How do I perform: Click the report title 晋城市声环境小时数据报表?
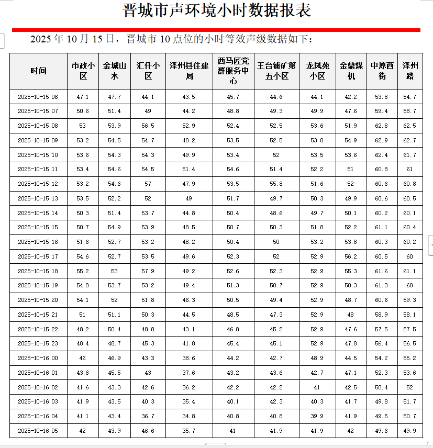point(216,10)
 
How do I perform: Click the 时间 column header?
point(38,71)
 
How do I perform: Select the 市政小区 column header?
point(83,71)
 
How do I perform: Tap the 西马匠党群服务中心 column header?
point(233,71)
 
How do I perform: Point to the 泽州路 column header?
point(410,71)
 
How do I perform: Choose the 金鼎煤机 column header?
point(351,71)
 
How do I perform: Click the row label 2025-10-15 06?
point(38,97)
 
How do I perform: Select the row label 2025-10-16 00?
point(38,358)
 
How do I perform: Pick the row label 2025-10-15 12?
point(38,184)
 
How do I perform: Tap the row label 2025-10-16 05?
point(38,431)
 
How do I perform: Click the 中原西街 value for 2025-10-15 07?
point(382,111)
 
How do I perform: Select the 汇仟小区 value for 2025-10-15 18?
point(148,271)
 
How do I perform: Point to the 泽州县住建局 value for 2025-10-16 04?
point(189,416)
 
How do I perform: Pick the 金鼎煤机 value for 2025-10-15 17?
point(351,256)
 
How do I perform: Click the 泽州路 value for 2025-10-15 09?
point(410,140)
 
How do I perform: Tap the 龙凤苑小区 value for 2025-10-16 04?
point(318,416)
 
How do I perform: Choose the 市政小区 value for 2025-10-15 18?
point(83,271)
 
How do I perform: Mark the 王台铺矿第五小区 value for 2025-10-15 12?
point(276,184)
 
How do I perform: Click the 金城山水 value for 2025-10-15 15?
point(114,228)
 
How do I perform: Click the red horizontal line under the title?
point(216,30)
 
